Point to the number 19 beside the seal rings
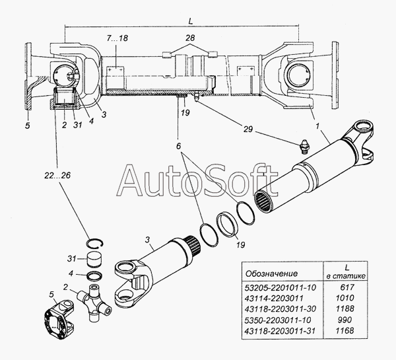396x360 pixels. coord(240,245)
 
